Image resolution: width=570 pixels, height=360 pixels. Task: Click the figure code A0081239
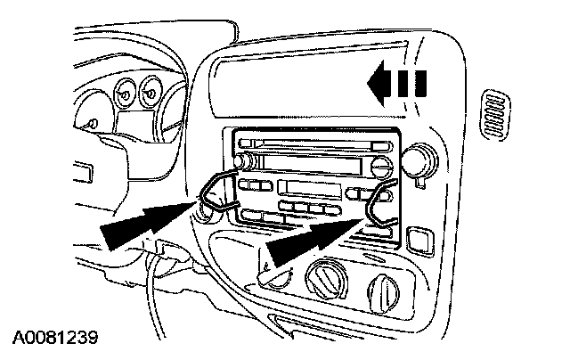(x=55, y=340)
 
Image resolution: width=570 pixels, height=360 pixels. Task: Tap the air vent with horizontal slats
(x=494, y=115)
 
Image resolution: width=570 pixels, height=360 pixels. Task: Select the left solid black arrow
(x=147, y=224)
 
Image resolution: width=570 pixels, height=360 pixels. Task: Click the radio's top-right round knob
(x=380, y=166)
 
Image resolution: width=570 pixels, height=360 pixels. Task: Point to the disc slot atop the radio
(x=312, y=144)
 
